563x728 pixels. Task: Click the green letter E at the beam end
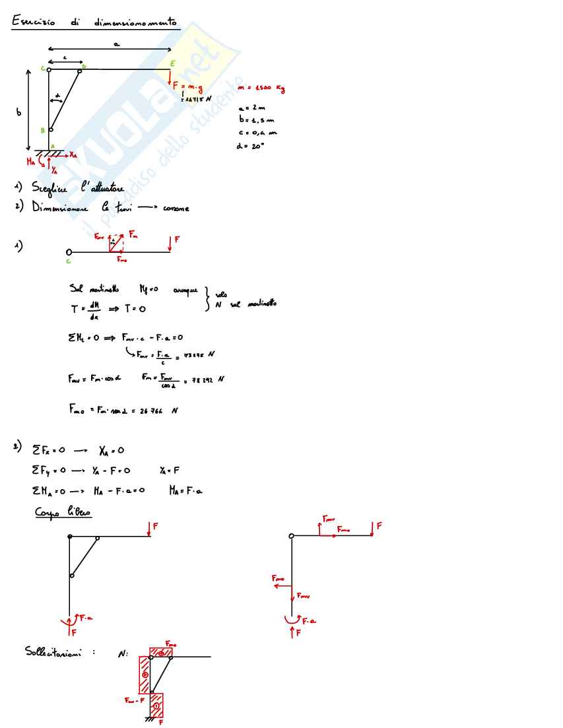click(173, 63)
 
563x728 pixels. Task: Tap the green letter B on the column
click(42, 131)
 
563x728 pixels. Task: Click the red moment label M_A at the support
click(30, 160)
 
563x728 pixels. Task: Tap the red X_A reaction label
click(72, 154)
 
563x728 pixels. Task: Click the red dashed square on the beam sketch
click(117, 244)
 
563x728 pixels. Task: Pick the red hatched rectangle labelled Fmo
click(161, 653)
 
